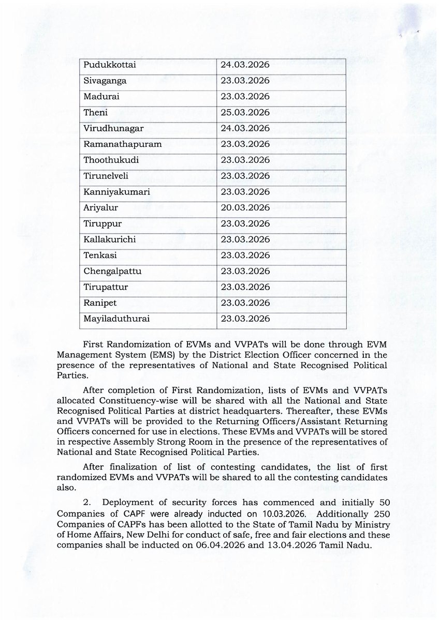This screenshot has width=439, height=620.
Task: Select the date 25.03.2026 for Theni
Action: tap(244, 112)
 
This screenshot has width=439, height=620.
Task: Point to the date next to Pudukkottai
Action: tap(244, 66)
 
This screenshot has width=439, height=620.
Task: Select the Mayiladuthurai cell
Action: tap(116, 319)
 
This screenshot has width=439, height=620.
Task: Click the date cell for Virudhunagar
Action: tap(244, 128)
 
